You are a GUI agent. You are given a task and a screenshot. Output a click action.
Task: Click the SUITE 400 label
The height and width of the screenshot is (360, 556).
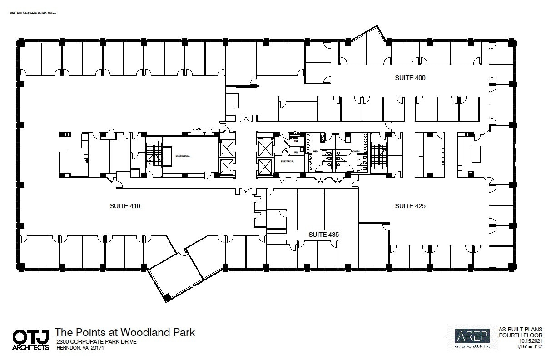tap(410, 78)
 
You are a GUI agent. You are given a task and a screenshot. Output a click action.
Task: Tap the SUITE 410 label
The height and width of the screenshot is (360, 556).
tap(125, 206)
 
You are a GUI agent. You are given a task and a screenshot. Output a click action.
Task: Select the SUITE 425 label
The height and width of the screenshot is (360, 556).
tap(410, 206)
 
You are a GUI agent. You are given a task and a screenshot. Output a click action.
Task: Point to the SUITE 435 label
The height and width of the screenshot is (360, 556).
tap(323, 235)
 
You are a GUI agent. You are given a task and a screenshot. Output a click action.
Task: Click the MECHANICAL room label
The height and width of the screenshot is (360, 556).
tap(183, 156)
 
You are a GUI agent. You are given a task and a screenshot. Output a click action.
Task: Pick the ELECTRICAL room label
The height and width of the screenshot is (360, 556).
tap(288, 161)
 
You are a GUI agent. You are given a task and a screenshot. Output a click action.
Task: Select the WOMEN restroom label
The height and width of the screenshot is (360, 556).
tap(354, 151)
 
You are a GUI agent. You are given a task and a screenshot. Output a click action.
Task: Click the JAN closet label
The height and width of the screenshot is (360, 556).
tap(295, 152)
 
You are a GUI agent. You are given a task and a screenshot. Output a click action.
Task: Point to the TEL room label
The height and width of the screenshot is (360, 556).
tap(295, 141)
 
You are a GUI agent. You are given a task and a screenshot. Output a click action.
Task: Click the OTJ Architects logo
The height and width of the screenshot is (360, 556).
tap(30, 339)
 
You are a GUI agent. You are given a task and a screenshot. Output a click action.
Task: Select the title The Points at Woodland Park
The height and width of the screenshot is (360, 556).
tap(124, 332)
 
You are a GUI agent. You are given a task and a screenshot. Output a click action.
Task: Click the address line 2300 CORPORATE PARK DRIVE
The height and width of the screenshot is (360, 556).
tap(96, 342)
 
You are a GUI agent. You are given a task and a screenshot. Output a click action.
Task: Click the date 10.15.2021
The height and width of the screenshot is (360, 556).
tap(531, 341)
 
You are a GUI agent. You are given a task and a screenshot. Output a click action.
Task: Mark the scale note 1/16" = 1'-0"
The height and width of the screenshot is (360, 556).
tap(531, 346)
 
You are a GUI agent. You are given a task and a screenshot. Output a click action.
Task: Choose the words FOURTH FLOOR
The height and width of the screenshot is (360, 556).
tap(527, 335)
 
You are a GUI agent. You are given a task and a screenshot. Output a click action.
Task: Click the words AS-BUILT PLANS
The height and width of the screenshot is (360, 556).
tap(527, 330)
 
